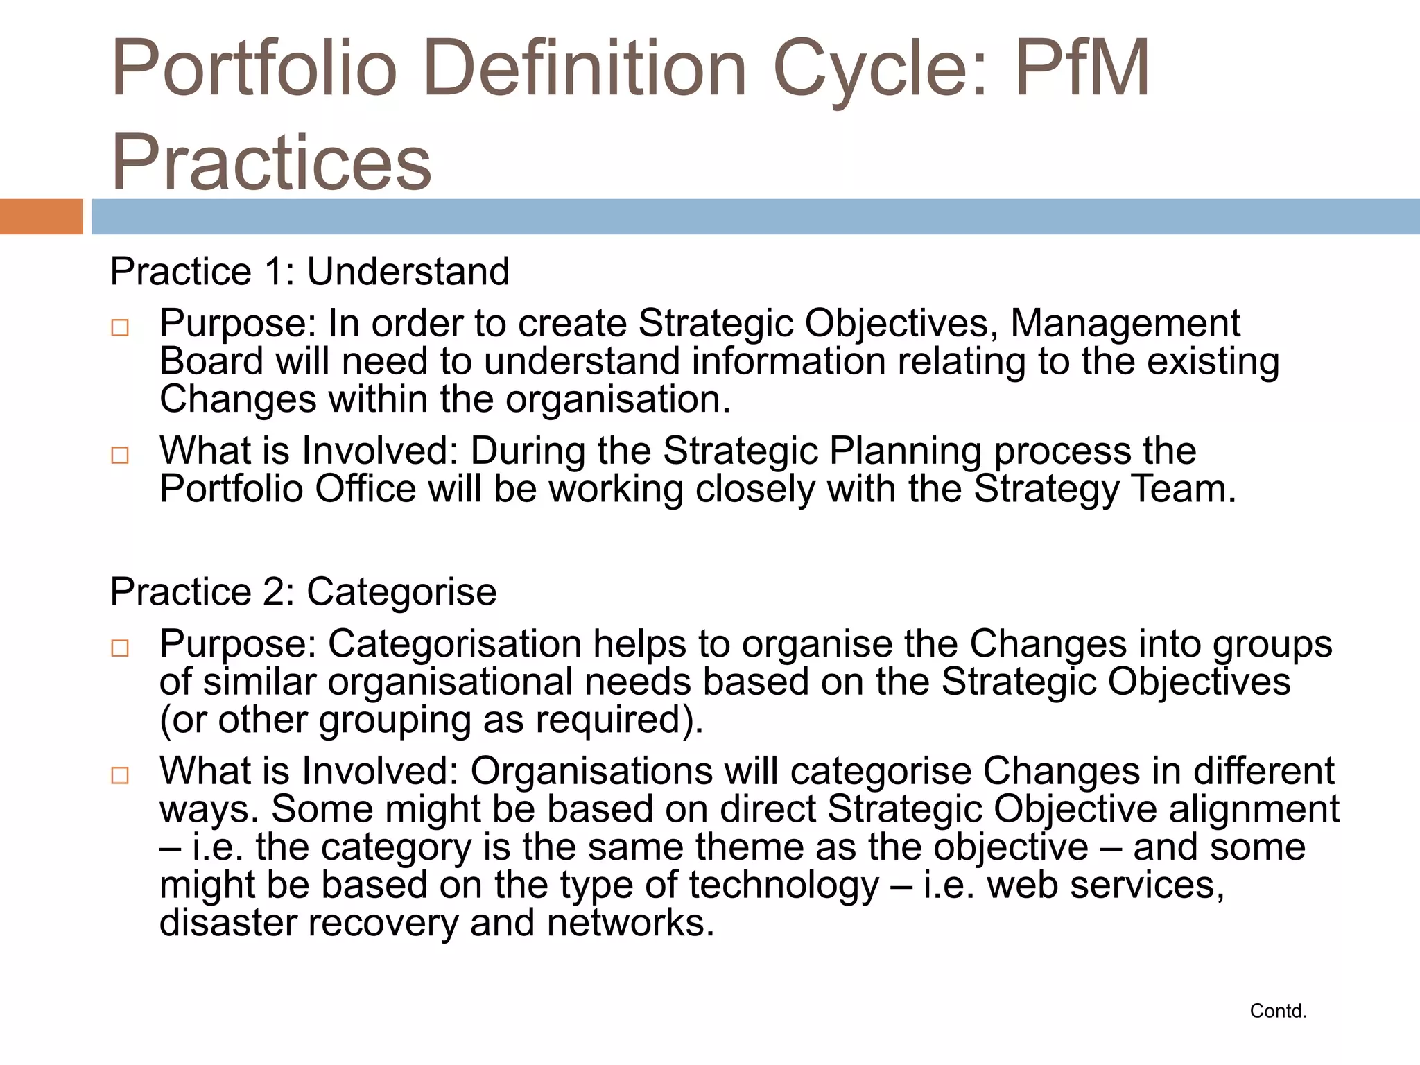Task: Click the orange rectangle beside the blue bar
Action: click(41, 216)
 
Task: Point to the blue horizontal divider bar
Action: click(756, 216)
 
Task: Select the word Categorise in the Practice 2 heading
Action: click(401, 591)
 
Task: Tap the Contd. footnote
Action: click(1278, 1011)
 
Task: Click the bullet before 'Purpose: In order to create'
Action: click(120, 327)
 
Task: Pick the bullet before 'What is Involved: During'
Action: click(120, 455)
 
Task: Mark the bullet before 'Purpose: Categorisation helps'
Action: click(120, 648)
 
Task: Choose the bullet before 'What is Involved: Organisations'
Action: click(120, 775)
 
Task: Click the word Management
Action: click(1125, 323)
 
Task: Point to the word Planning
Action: click(905, 451)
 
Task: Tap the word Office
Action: click(365, 489)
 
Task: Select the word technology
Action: click(783, 885)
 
